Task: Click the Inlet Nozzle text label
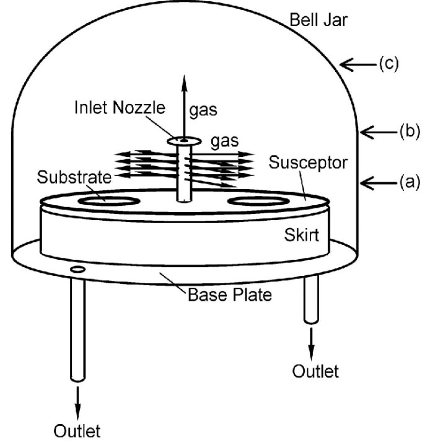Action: pos(126,109)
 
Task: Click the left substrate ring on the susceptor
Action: pos(102,201)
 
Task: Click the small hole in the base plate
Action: pos(78,270)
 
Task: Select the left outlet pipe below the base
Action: pos(77,329)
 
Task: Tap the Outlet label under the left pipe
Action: pos(77,430)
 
